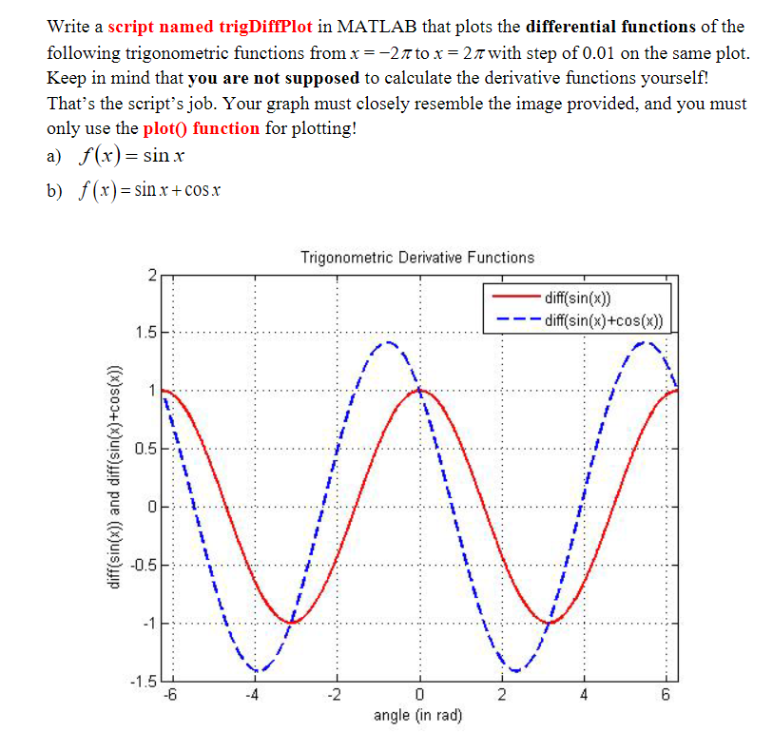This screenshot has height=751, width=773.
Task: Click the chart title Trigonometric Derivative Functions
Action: tap(417, 258)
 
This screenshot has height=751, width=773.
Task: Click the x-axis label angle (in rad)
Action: tap(418, 714)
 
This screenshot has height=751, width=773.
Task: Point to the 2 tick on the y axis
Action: tap(150, 277)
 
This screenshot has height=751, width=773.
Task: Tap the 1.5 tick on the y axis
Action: tap(145, 333)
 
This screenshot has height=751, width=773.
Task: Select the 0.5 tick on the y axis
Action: tap(145, 449)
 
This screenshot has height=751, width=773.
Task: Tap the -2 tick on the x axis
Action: tap(336, 694)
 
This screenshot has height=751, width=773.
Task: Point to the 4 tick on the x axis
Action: tap(585, 694)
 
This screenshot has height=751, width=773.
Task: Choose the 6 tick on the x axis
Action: tap(667, 694)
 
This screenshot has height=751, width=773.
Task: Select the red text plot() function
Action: tap(202, 128)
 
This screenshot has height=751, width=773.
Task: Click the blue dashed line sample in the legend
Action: tap(514, 319)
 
